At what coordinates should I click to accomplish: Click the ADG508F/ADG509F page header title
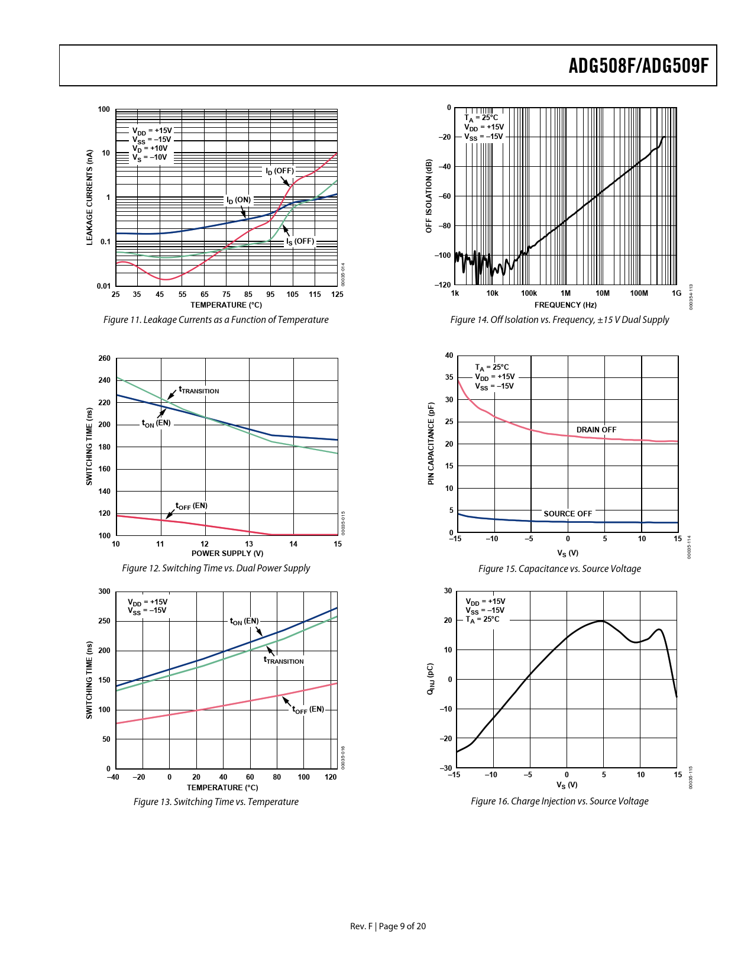click(638, 66)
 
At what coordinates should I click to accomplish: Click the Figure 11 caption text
click(216, 320)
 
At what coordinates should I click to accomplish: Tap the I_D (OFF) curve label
click(280, 171)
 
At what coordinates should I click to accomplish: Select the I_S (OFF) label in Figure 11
click(300, 241)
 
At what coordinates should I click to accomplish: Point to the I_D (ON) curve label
click(238, 200)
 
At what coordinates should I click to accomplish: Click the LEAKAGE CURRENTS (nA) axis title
click(90, 197)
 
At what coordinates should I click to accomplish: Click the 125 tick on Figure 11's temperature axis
click(337, 294)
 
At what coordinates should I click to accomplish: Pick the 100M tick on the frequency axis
click(639, 293)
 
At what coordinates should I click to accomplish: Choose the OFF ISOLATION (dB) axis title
click(429, 196)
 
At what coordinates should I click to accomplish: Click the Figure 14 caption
click(559, 320)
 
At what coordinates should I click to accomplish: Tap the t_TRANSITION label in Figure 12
click(199, 390)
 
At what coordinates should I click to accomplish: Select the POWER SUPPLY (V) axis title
click(227, 554)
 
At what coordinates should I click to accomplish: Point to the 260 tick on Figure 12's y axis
click(105, 358)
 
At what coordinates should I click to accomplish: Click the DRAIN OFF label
click(596, 430)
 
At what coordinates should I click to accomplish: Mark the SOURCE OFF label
click(568, 514)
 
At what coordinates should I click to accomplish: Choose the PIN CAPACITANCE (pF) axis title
click(431, 444)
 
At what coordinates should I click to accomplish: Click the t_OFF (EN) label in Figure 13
click(308, 709)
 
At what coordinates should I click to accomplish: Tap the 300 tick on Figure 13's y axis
click(105, 592)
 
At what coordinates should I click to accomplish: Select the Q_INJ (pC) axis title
click(431, 678)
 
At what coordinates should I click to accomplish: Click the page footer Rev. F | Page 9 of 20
click(388, 926)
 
